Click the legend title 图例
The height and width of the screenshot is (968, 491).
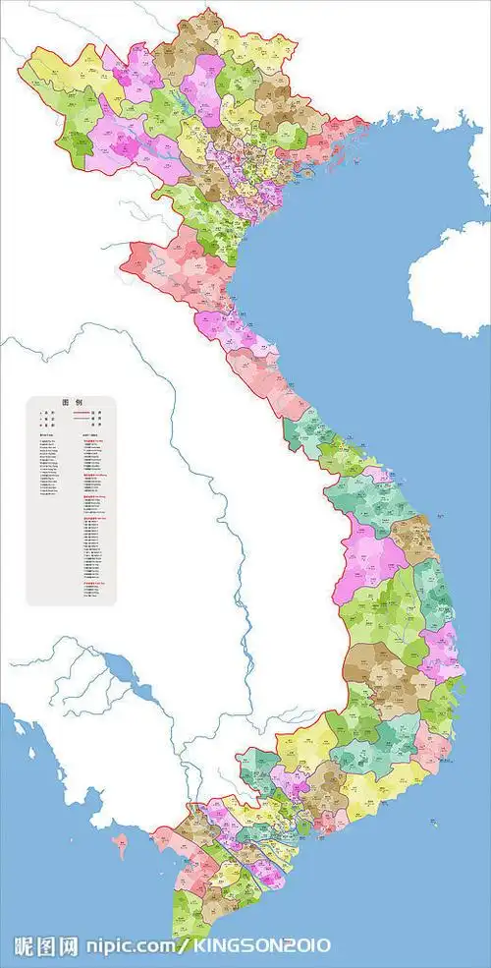pos(70,403)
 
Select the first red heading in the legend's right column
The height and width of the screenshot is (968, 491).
pos(92,441)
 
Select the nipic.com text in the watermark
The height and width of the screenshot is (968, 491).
pos(128,946)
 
